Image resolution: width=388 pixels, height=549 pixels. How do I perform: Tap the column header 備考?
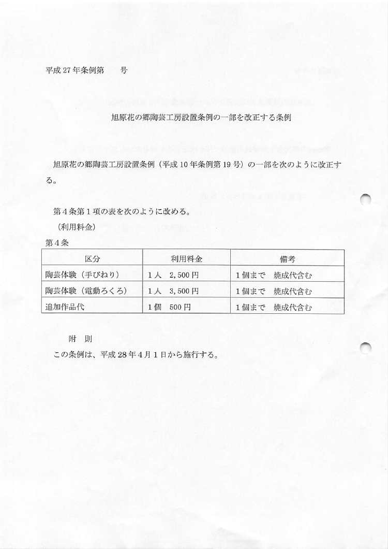(288, 258)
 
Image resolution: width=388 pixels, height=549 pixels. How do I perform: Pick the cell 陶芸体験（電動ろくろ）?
(86, 290)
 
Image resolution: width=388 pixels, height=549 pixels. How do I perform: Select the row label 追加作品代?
(65, 306)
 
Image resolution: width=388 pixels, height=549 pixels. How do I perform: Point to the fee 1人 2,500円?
(173, 275)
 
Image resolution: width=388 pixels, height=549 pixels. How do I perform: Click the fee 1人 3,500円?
(173, 291)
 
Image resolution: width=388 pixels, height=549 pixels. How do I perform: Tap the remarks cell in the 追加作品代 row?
(274, 308)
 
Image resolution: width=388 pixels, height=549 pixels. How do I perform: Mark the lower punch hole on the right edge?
(367, 348)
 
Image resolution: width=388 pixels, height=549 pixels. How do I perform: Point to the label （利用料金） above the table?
(76, 226)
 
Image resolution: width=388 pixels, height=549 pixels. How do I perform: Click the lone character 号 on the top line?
(124, 70)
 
